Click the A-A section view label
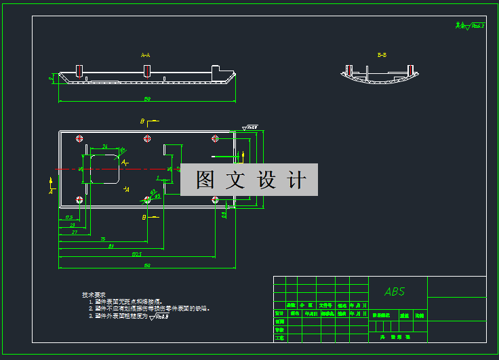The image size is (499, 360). click(x=145, y=54)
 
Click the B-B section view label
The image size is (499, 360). click(x=382, y=54)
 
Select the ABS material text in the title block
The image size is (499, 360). click(x=395, y=292)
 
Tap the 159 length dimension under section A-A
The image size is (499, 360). click(x=146, y=99)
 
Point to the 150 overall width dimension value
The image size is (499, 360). click(x=146, y=265)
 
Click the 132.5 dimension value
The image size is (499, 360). click(x=136, y=255)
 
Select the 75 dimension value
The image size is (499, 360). click(x=102, y=239)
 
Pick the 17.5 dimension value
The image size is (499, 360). click(x=68, y=217)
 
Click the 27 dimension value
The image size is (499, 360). click(x=75, y=232)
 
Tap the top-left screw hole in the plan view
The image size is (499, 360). click(x=80, y=139)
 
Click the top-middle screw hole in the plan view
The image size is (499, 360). click(x=147, y=139)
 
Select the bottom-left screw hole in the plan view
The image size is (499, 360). click(x=80, y=199)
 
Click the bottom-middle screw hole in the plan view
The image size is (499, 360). click(x=147, y=199)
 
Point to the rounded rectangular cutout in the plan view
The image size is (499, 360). click(x=102, y=169)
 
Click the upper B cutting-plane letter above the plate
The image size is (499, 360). click(x=143, y=121)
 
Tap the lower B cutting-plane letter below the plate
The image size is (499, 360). click(x=144, y=217)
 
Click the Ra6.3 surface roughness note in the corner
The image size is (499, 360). click(x=471, y=26)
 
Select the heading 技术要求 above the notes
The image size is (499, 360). click(x=94, y=295)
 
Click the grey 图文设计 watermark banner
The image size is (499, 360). click(x=249, y=180)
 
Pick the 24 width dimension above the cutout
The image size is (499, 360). click(x=105, y=146)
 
